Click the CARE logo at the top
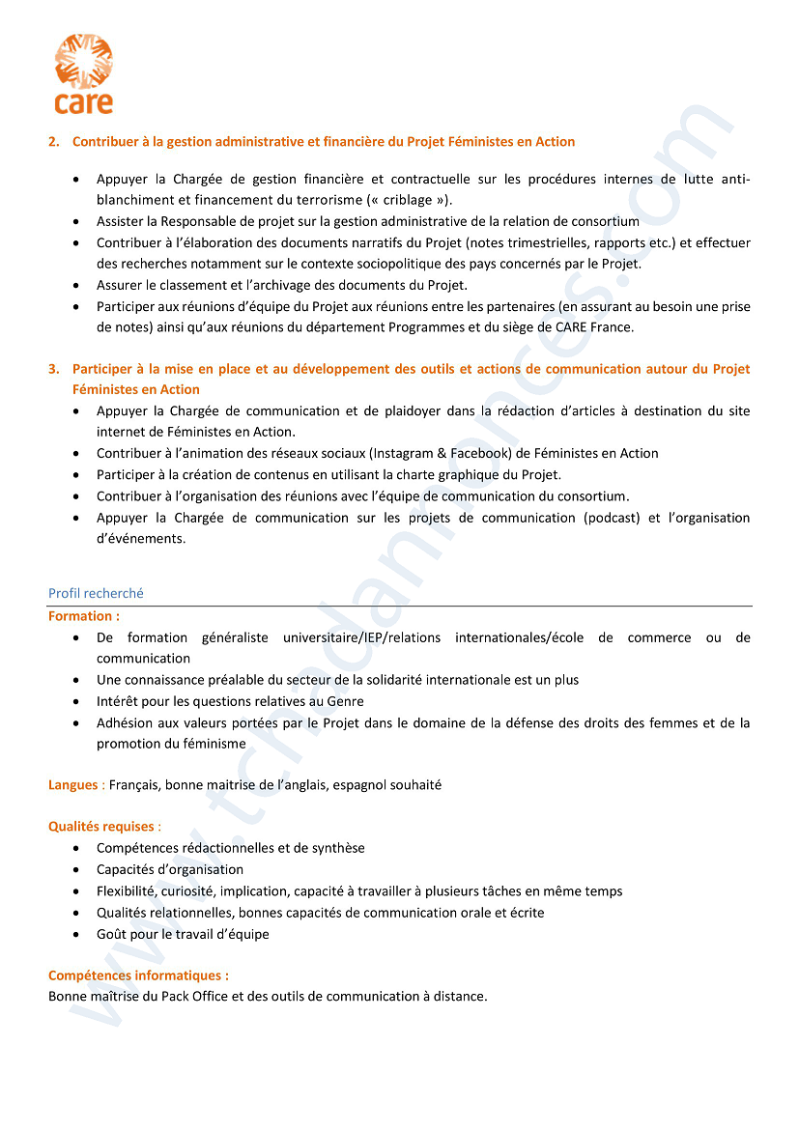point(83,73)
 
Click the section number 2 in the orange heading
point(53,142)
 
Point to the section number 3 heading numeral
point(53,369)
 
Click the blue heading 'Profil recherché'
point(96,593)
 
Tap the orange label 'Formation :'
point(84,615)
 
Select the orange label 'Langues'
point(73,785)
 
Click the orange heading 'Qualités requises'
point(101,827)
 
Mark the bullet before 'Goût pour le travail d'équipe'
point(76,935)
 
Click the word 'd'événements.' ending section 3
point(141,539)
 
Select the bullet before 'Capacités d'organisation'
point(76,870)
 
